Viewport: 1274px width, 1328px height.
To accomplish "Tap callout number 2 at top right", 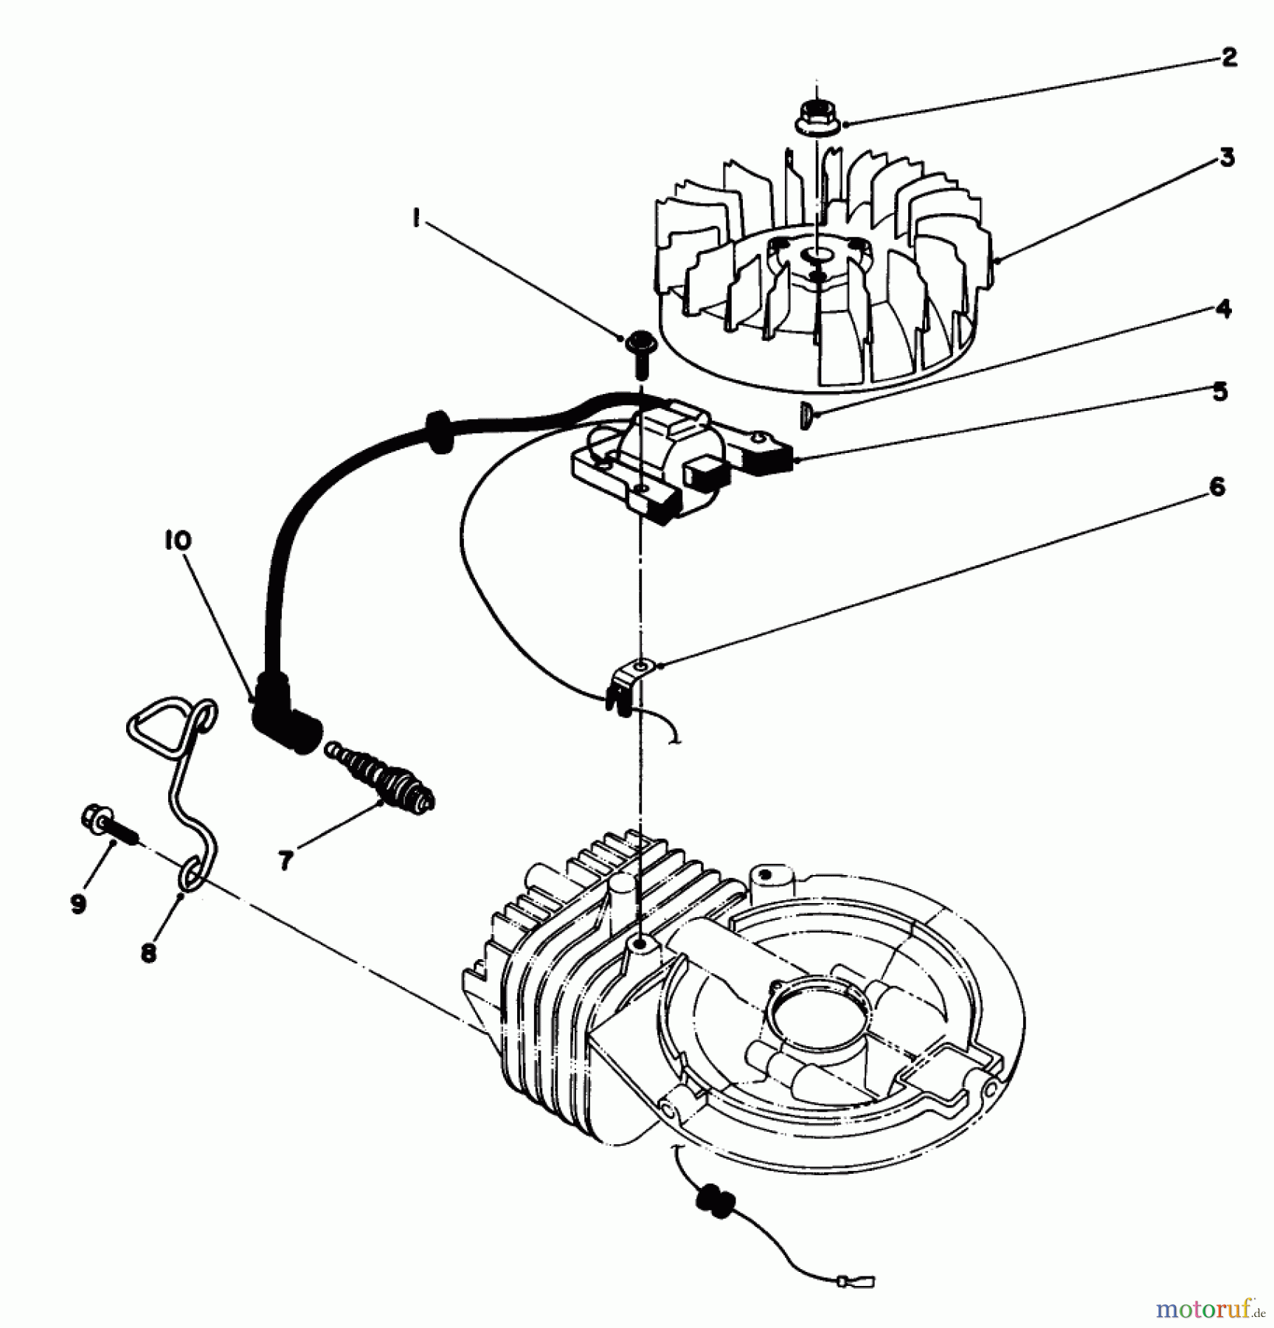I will pyautogui.click(x=1228, y=58).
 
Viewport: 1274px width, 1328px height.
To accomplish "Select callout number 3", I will pyautogui.click(x=1227, y=158).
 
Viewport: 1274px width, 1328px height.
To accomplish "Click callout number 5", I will pyautogui.click(x=1220, y=391).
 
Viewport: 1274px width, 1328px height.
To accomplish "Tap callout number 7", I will pyautogui.click(x=286, y=859).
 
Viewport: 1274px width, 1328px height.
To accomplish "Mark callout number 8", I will pyautogui.click(x=148, y=952).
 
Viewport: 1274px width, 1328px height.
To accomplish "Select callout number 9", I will pyautogui.click(x=79, y=904).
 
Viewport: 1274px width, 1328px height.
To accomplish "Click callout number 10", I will pyautogui.click(x=178, y=541).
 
